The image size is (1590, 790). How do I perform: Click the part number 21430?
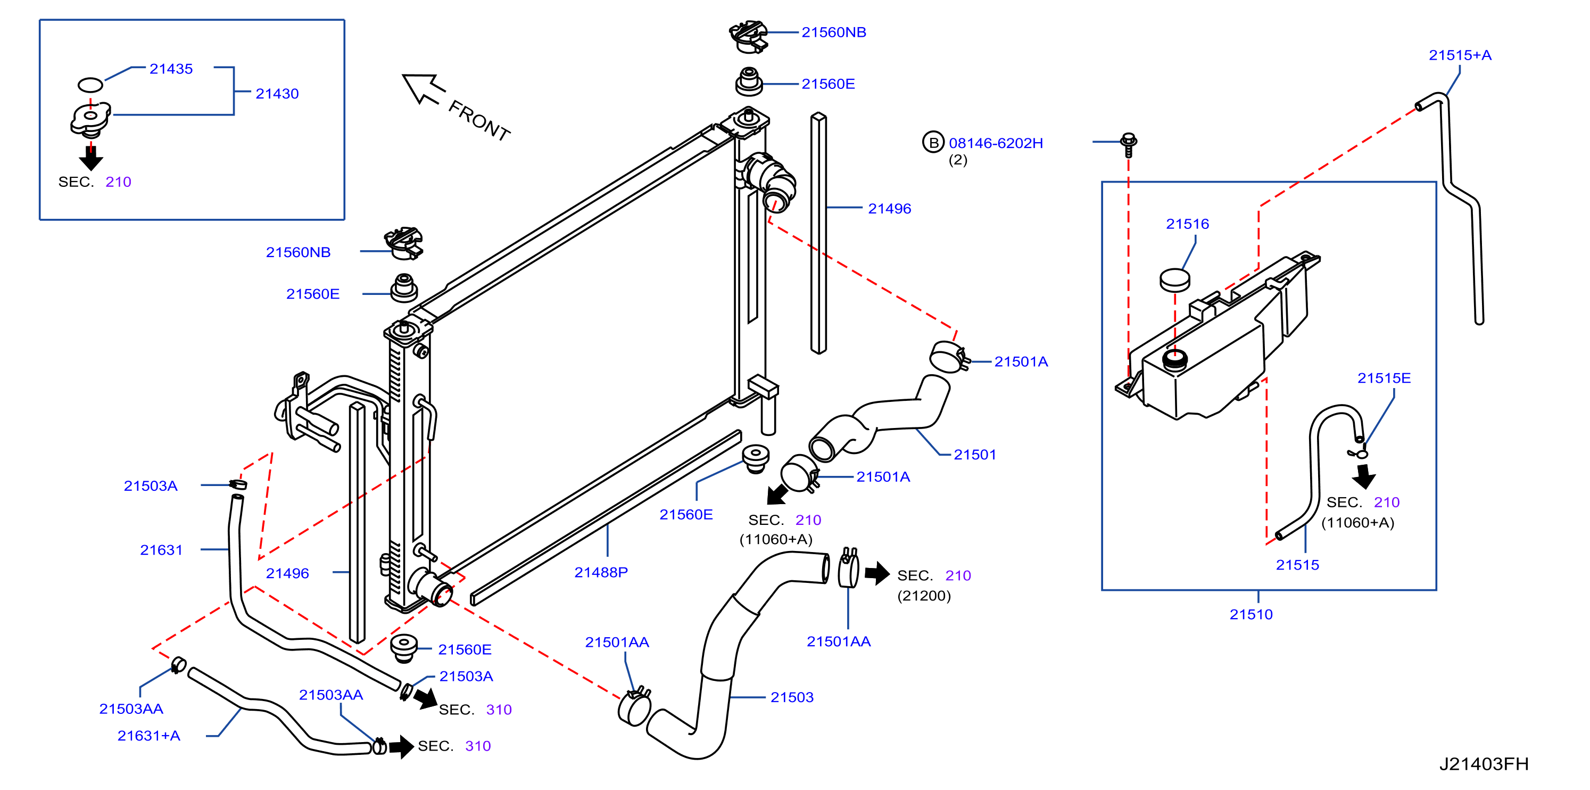point(277,94)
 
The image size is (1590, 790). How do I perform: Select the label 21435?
point(171,69)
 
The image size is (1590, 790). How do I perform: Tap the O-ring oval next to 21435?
point(90,85)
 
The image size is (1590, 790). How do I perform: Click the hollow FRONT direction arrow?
point(424,89)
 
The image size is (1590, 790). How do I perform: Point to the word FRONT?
point(479,121)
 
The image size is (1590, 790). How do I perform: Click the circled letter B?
point(933,143)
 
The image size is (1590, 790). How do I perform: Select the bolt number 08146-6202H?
point(996,143)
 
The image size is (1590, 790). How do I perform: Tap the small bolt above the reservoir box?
point(1128,145)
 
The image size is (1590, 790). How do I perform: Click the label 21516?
point(1187,224)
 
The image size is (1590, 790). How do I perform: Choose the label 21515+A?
point(1460,55)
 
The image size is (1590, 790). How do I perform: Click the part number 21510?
point(1251,614)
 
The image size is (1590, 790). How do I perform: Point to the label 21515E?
point(1384,378)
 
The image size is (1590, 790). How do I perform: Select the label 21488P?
point(601,573)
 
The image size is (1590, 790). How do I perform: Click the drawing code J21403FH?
point(1483,764)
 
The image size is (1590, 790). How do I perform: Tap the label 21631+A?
point(149,736)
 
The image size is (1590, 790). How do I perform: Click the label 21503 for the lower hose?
point(792,697)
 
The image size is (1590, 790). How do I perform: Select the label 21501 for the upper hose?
point(975,455)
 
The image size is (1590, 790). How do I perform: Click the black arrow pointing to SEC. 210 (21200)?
point(877,573)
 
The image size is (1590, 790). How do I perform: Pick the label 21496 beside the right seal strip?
point(889,209)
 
